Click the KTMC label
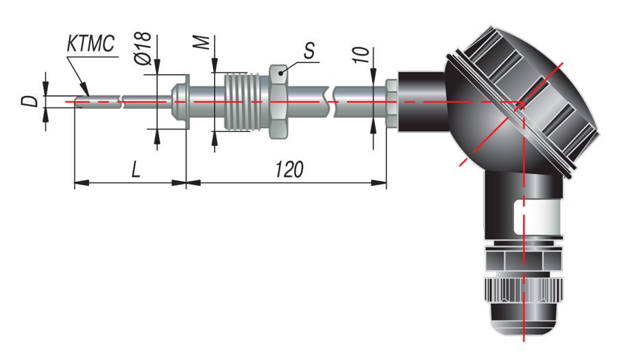pos(90,44)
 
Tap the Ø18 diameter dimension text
pos(143,48)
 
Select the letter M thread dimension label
pos(202,43)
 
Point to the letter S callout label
pos(309,50)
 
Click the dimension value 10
pos(361,55)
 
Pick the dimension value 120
pos(289,169)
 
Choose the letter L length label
pos(135,169)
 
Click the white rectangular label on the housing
pos(537,217)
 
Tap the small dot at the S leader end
pos(280,73)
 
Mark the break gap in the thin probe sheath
pos(121,101)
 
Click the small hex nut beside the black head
pos(391,102)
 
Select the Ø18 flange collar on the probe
pos(180,101)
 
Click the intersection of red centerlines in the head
pos(524,102)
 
